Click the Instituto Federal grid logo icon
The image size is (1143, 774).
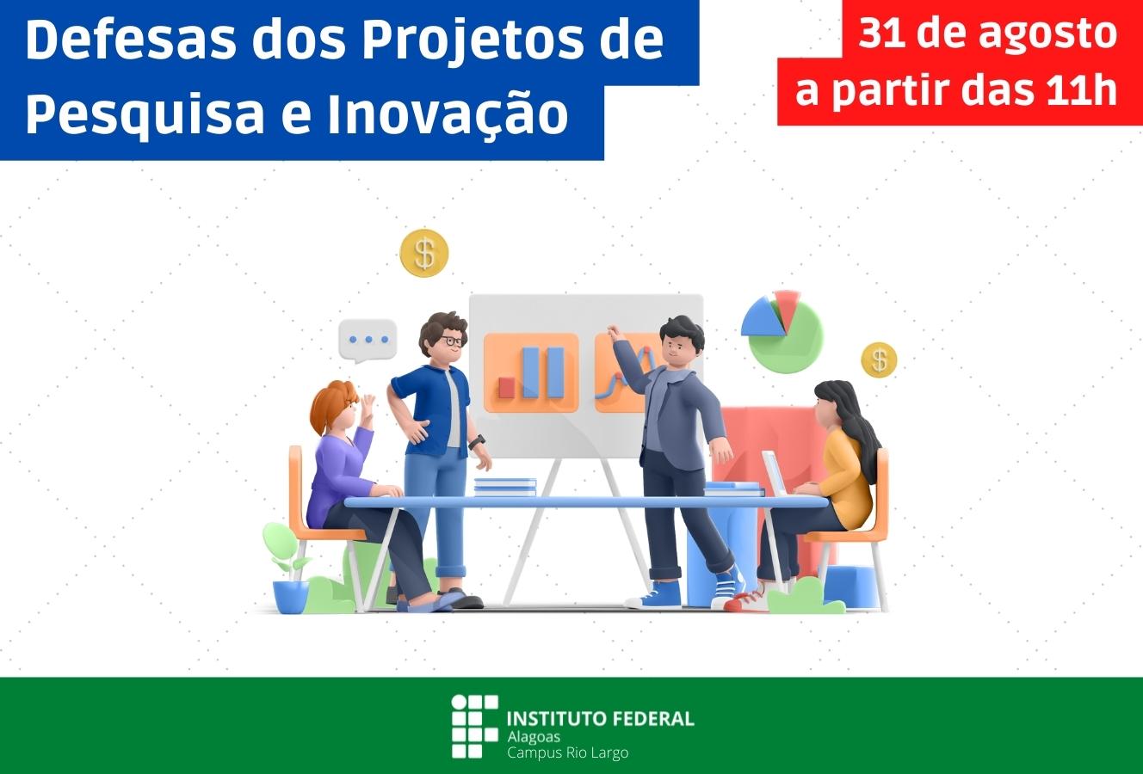click(474, 726)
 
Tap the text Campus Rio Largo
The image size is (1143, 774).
click(567, 752)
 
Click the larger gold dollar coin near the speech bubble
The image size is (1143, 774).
click(424, 253)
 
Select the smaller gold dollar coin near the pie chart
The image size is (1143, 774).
click(879, 360)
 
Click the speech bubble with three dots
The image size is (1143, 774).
click(368, 341)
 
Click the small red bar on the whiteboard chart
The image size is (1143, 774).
click(507, 388)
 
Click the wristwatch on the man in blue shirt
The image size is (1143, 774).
click(477, 441)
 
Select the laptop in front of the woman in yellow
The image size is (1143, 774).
click(775, 473)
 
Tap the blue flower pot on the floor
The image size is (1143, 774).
click(291, 597)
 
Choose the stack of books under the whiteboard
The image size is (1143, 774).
click(505, 487)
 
